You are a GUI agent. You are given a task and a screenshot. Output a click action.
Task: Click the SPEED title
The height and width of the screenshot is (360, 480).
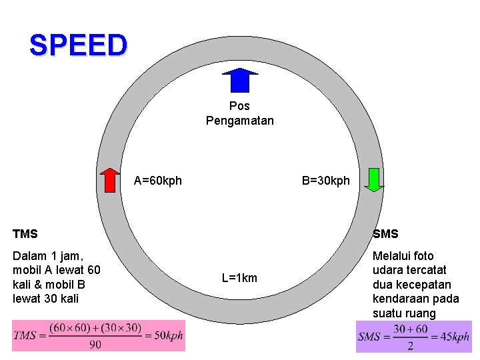(77, 45)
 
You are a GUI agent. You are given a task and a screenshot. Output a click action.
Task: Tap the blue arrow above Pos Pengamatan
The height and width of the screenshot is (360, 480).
(239, 80)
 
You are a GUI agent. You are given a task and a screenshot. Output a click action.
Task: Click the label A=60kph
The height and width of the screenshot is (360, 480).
(158, 181)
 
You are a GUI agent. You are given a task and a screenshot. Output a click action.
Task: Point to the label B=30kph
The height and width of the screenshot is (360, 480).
(325, 181)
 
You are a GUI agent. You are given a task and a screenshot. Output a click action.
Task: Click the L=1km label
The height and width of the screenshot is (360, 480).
(239, 278)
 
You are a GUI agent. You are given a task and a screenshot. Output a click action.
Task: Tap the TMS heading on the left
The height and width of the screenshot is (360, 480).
(25, 234)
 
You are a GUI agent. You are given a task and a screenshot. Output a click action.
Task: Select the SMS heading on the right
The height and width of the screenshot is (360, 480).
(385, 234)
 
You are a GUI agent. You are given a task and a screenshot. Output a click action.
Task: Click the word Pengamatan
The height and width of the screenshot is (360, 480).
(239, 121)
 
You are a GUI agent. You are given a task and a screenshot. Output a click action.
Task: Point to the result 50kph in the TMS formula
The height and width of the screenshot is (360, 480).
(168, 336)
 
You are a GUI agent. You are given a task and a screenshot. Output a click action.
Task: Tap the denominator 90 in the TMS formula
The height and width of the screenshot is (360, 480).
(95, 344)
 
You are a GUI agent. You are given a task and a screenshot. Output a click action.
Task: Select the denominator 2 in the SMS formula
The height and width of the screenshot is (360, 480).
(410, 345)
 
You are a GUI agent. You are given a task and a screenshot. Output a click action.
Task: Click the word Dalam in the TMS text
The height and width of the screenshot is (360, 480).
(29, 256)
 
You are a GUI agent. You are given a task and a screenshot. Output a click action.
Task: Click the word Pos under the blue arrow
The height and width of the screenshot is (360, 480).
(239, 106)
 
